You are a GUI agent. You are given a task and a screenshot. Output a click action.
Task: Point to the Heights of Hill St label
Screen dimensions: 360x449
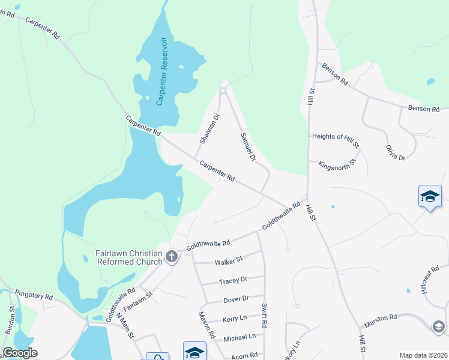tap(336, 137)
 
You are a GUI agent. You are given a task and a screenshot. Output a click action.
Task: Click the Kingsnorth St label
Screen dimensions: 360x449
tap(337, 163)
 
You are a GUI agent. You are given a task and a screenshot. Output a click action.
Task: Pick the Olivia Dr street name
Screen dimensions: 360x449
tap(396, 152)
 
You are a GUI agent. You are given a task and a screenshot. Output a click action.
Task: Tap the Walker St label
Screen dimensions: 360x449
tap(228, 260)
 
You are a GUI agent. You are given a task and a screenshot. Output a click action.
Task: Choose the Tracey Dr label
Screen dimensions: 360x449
tap(233, 280)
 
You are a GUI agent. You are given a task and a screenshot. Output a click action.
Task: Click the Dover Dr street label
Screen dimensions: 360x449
tap(235, 298)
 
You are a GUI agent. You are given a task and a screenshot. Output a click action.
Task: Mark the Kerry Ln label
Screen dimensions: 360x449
tap(234, 319)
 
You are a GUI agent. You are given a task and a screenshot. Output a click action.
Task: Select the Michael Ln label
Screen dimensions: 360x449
tap(240, 337)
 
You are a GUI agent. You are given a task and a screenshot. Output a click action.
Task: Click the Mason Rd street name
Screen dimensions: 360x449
tap(207, 326)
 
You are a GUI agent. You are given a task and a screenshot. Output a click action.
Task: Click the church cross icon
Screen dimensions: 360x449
tap(172, 257)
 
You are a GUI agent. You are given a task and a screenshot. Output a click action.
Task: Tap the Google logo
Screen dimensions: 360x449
tap(20, 353)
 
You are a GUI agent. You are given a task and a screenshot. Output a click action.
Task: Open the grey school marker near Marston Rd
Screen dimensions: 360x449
tap(439, 326)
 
